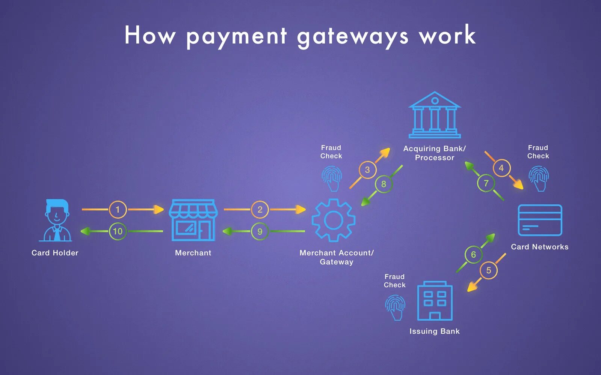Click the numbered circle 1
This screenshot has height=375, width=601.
point(118,209)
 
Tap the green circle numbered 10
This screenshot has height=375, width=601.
point(118,231)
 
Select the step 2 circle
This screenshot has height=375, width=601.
point(260,209)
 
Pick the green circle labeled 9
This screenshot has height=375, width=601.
point(260,231)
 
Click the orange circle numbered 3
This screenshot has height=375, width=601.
point(367,170)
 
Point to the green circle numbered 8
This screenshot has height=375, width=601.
point(384,184)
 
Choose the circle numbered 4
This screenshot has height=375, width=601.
point(501,168)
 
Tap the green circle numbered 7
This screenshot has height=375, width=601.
point(486,183)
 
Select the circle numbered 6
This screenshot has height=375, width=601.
point(473,255)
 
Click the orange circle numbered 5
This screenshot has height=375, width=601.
point(488,270)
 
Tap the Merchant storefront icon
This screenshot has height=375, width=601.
point(193,220)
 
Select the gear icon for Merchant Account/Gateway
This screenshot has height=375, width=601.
point(333,220)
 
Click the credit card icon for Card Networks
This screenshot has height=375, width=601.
point(540,220)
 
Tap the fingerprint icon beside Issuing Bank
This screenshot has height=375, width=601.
point(395,307)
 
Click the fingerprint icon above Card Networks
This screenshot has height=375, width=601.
point(539,178)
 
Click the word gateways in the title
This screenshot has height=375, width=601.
point(352,36)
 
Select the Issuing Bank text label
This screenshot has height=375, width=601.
point(435,331)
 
